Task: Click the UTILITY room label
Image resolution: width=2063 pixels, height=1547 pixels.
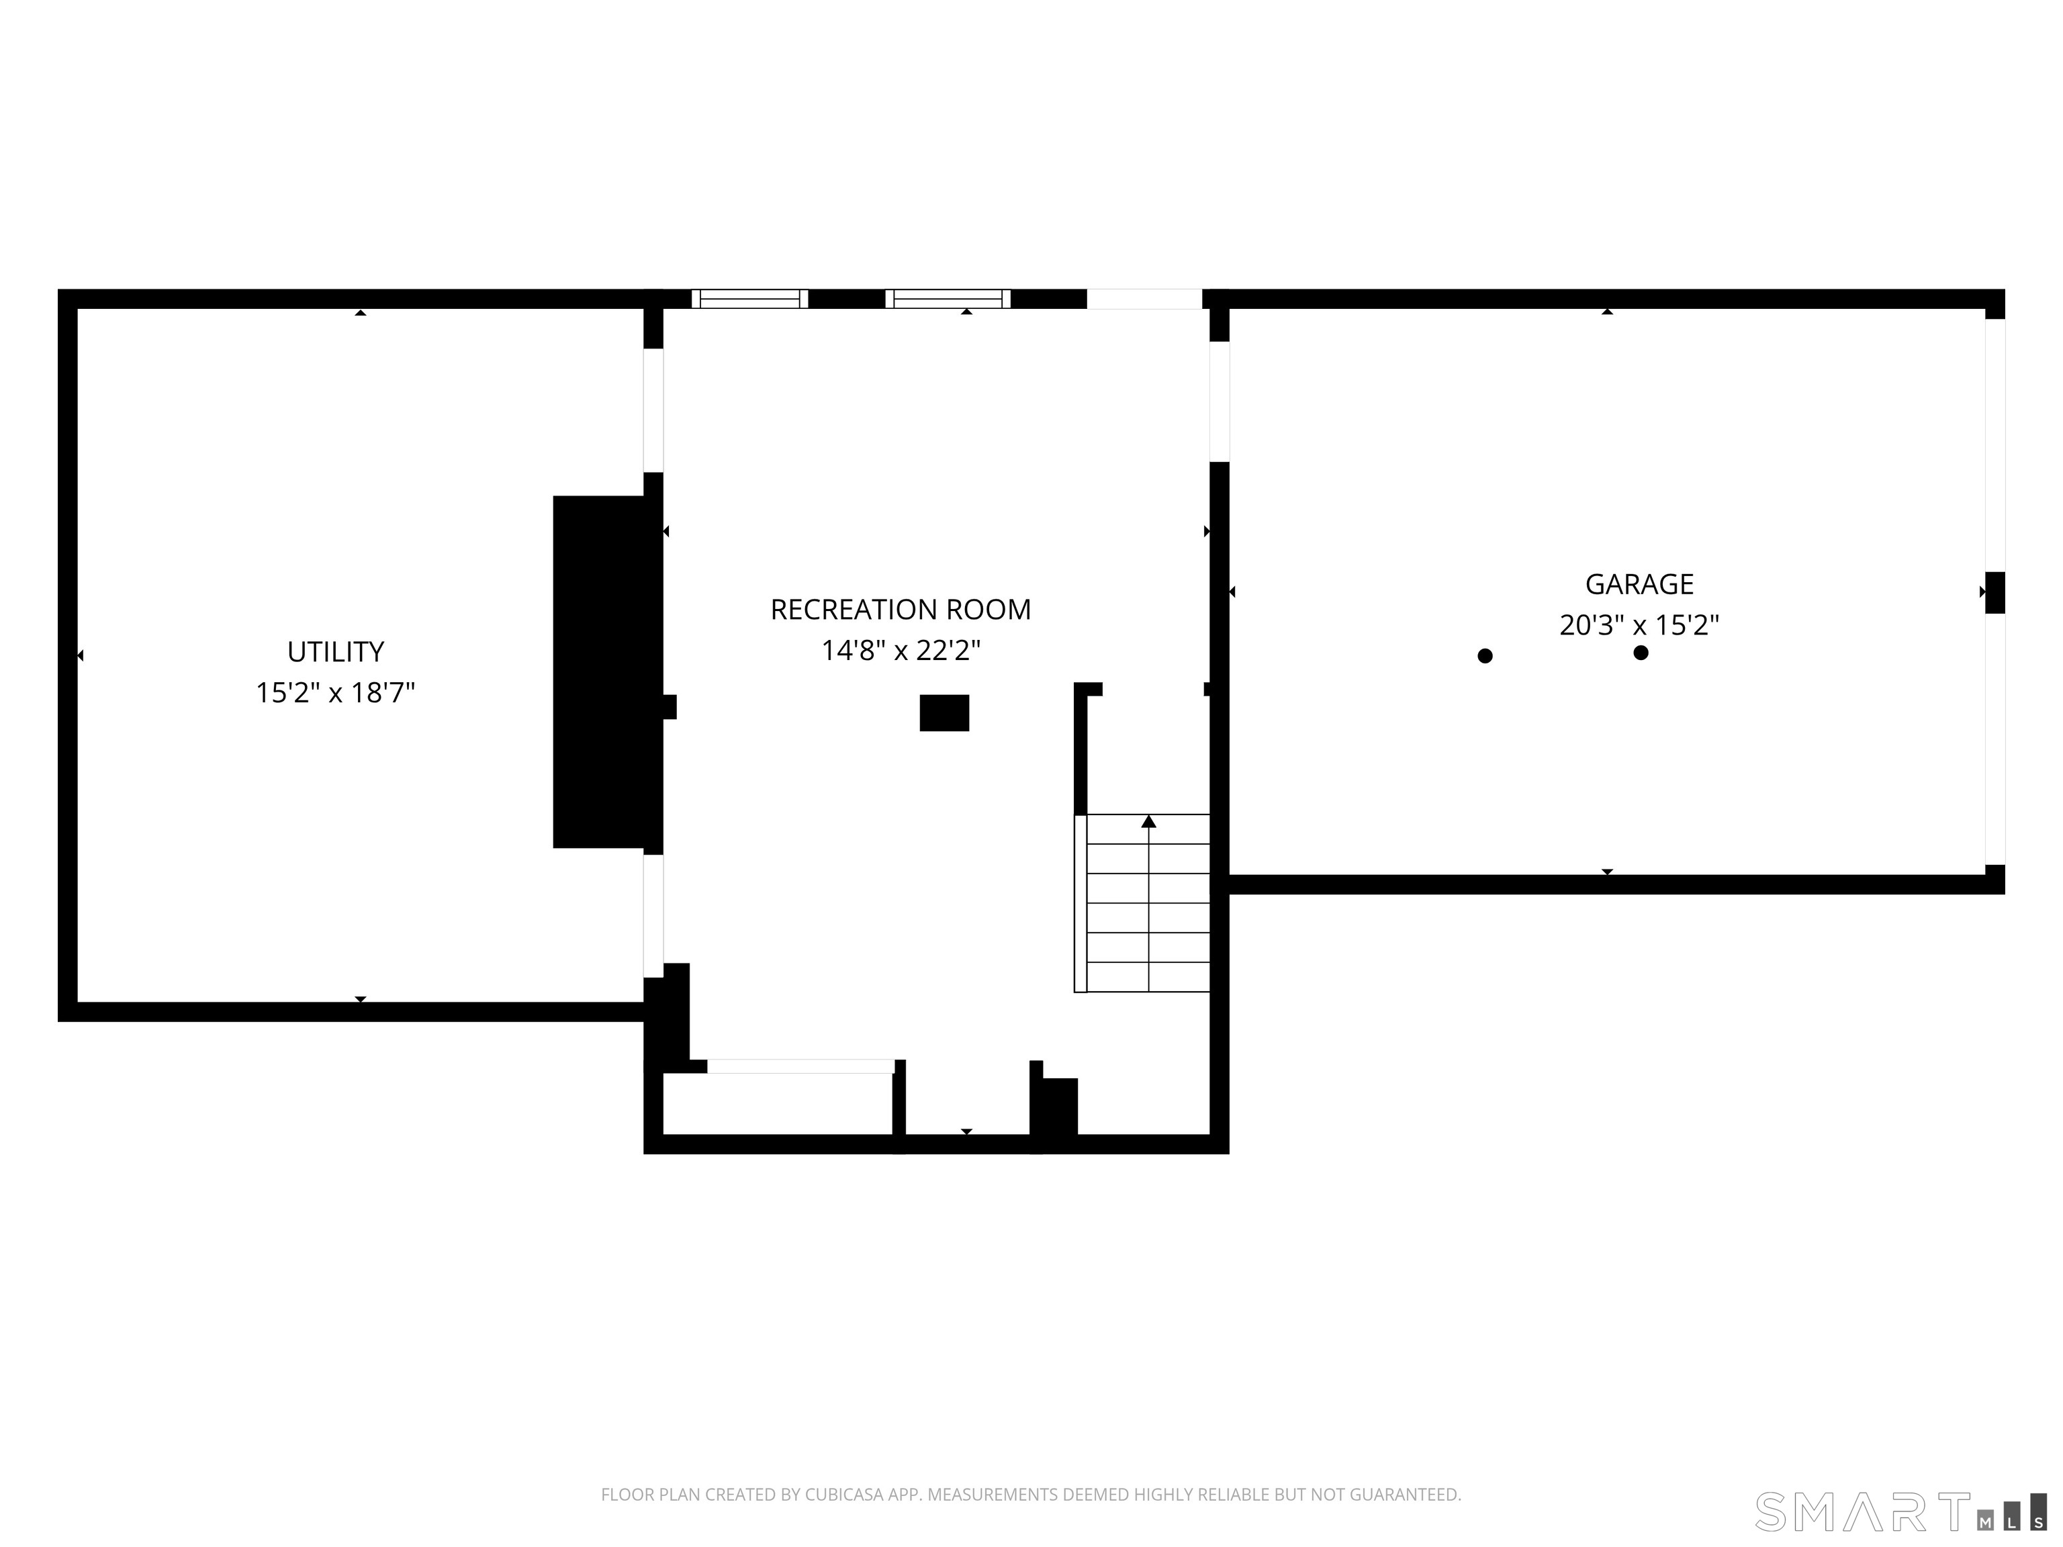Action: point(335,652)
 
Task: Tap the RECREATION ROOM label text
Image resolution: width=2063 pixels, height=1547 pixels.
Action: point(900,610)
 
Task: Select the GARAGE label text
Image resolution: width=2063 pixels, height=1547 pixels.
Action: point(1639,585)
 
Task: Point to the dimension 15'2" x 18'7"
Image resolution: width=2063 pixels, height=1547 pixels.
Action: point(335,693)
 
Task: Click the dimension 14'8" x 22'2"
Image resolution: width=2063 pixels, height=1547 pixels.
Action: point(900,650)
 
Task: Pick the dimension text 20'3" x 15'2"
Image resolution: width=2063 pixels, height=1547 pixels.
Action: point(1639,624)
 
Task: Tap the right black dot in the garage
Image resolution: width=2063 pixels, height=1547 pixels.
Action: point(1641,653)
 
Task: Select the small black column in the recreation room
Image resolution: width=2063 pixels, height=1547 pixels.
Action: point(944,713)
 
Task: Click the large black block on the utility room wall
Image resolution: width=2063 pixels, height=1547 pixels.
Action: point(599,671)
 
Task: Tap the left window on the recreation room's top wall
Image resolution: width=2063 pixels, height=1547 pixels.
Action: point(750,298)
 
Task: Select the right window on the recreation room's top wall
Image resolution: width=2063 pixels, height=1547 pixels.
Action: point(948,298)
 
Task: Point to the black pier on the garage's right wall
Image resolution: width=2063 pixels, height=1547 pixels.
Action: point(1994,592)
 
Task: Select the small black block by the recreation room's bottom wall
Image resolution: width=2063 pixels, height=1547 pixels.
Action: point(1058,1106)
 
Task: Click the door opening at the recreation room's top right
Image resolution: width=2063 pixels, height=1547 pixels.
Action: point(1144,298)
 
